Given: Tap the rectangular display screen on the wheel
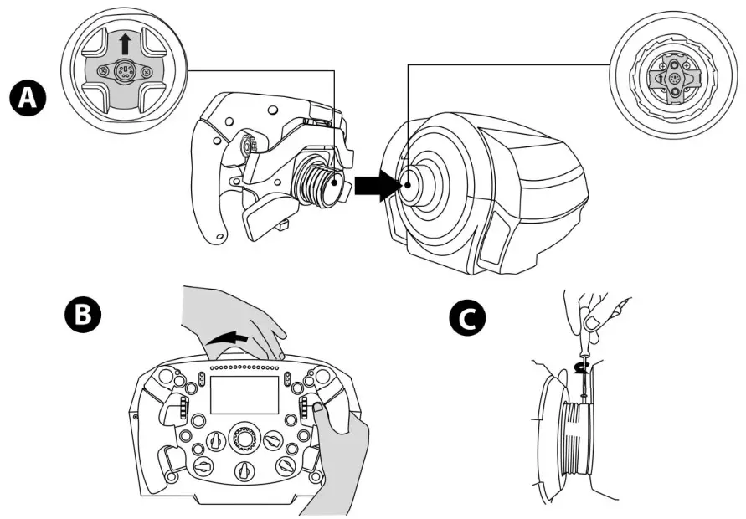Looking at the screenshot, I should (x=244, y=394).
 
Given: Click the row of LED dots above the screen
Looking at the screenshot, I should (x=244, y=368).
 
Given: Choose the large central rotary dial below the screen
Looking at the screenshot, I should (x=244, y=438).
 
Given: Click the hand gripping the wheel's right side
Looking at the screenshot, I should (x=343, y=452).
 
